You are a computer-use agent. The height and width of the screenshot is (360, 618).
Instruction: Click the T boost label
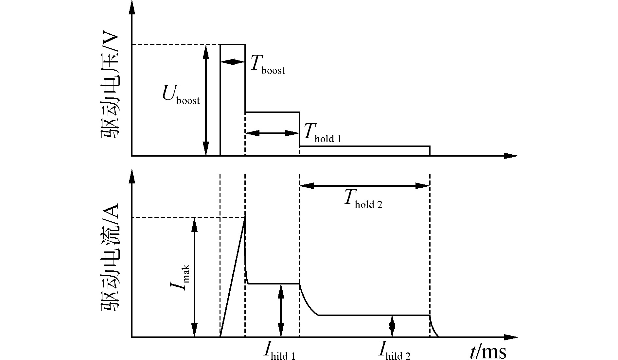pos(267,64)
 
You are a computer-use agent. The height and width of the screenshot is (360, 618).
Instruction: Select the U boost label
pos(181,95)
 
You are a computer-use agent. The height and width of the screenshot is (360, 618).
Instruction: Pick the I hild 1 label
pos(279,351)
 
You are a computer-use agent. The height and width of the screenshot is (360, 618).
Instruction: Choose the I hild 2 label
pos(394,351)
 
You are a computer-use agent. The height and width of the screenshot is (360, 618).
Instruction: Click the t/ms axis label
pos(488,351)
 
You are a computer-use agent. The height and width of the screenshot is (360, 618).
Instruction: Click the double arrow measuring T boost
pos(232,62)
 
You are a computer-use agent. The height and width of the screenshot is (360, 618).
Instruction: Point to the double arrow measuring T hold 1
pos(272,133)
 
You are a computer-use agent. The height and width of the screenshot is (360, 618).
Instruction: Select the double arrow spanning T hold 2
pos(364,186)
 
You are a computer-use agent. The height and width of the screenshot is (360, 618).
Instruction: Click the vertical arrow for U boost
pos(206,100)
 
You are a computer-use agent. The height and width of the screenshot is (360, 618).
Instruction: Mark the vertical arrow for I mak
pos(195,277)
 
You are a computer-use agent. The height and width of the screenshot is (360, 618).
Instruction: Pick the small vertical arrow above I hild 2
pos(392,326)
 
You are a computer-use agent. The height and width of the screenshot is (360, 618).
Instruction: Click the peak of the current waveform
pos(245,218)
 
